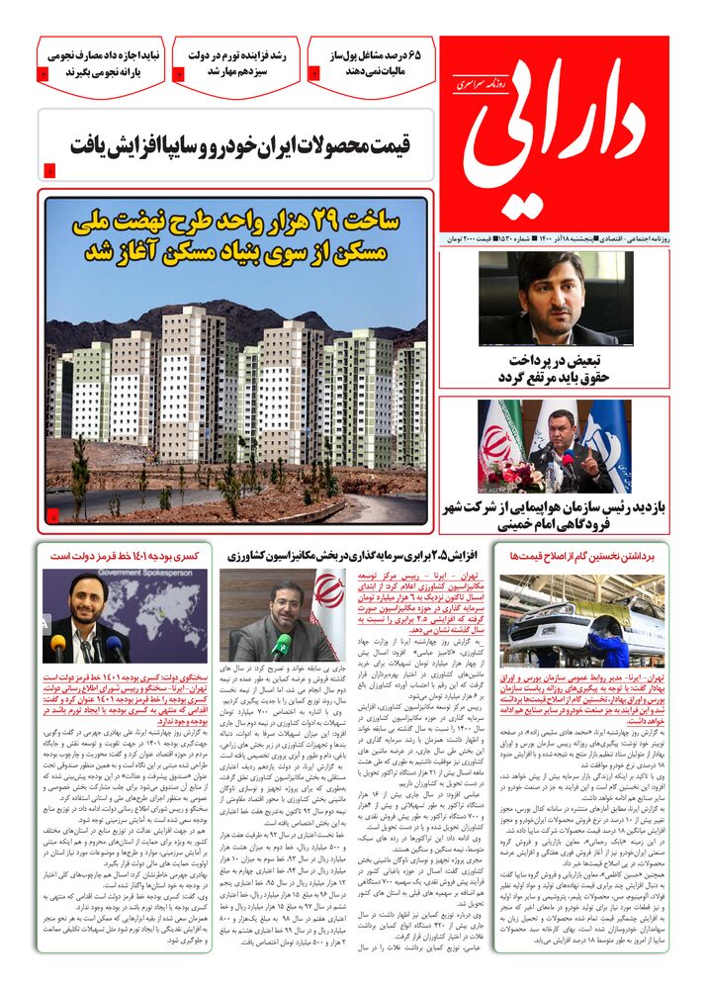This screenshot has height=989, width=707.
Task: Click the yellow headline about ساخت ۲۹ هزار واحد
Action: click(x=235, y=235)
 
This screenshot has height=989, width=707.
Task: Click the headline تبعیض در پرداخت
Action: click(x=553, y=369)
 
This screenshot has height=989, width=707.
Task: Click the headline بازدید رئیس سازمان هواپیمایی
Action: click(x=554, y=515)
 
